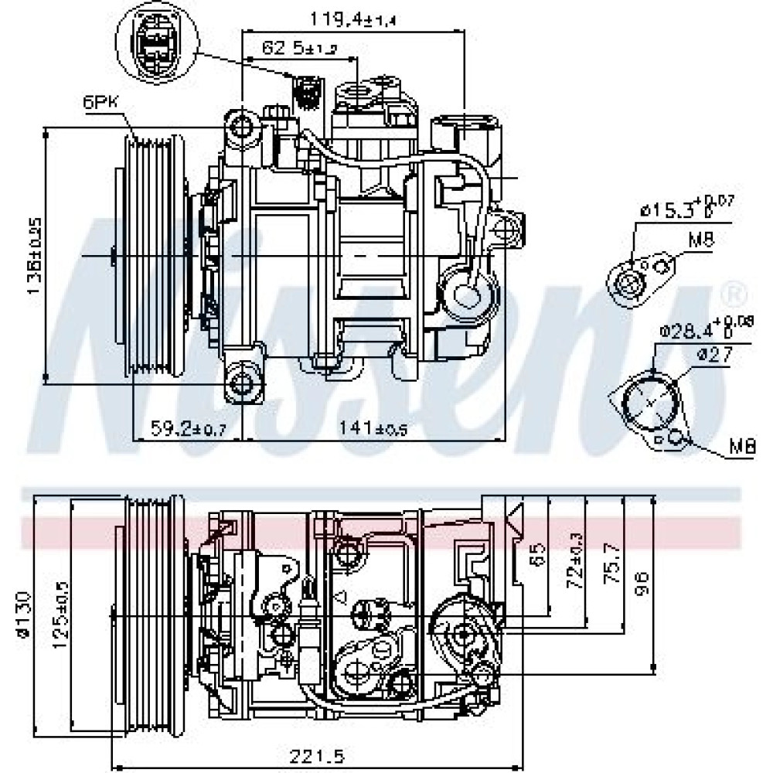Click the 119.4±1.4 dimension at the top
[x=352, y=18]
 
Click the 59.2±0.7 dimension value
[x=187, y=427]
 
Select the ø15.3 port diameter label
[x=685, y=207]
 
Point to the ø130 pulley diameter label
[x=24, y=615]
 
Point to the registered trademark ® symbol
[x=734, y=293]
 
